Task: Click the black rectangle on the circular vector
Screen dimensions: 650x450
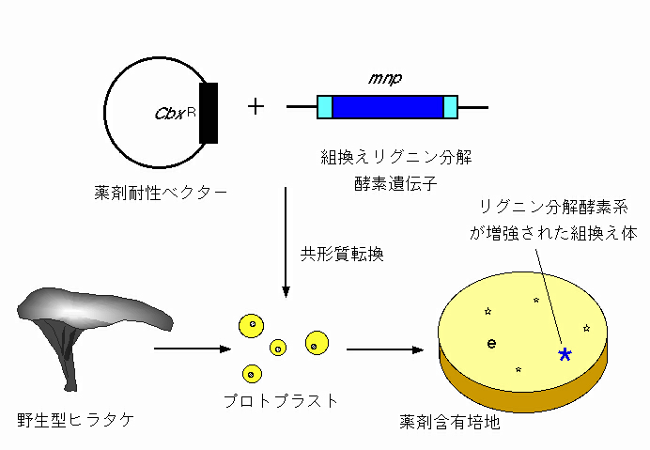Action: (209, 114)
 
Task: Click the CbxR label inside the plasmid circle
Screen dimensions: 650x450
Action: (175, 114)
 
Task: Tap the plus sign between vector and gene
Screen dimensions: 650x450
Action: (255, 106)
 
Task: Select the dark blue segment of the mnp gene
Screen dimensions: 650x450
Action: (388, 107)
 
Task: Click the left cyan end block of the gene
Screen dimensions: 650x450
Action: (325, 107)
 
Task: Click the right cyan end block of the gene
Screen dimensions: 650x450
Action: (451, 107)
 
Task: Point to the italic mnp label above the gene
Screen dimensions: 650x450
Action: (385, 78)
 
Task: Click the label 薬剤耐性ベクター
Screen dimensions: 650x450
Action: (161, 193)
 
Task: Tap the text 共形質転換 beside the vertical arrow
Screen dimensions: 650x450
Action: (342, 254)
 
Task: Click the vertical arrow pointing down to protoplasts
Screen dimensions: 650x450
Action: (286, 242)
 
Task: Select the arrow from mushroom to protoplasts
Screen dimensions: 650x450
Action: (193, 349)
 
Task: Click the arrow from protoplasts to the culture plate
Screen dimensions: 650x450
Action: (385, 349)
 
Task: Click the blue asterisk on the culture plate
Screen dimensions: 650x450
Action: (565, 354)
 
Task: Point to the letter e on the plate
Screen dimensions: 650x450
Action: (491, 344)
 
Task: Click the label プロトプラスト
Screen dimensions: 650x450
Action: (281, 401)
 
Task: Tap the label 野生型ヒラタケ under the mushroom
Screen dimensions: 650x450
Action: (76, 420)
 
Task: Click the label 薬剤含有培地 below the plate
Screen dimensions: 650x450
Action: (450, 422)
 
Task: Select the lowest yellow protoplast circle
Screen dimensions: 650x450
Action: (252, 374)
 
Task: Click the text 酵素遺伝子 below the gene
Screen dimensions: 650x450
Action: (395, 183)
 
